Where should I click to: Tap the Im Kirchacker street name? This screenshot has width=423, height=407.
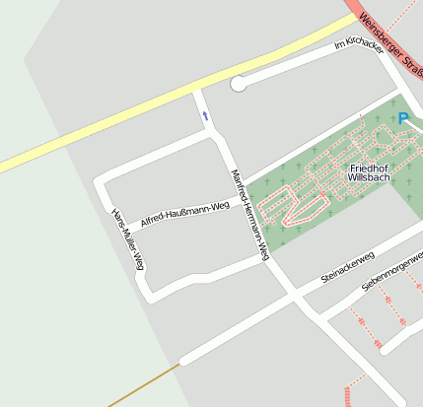tap(358, 45)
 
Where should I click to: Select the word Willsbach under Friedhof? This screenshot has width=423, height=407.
tap(370, 179)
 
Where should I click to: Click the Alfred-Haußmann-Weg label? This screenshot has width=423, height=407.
tap(185, 214)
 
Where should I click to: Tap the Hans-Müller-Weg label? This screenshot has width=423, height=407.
tap(128, 239)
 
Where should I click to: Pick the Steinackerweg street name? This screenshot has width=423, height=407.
tap(347, 268)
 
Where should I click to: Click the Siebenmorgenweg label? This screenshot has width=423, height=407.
tap(390, 270)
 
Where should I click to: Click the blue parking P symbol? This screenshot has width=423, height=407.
tap(402, 118)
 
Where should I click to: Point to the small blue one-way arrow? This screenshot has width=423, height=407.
tap(205, 116)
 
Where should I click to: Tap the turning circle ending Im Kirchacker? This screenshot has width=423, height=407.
tap(238, 85)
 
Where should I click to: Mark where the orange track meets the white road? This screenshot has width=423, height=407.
tap(181, 361)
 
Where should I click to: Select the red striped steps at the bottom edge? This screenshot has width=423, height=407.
tap(350, 395)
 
